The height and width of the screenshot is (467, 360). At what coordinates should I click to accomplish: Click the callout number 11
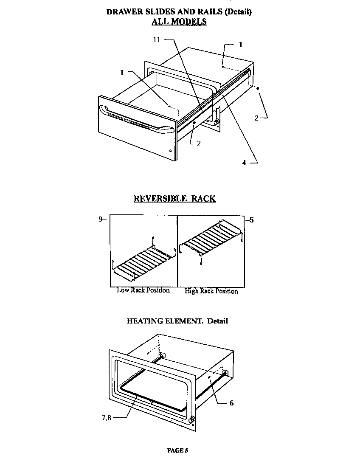pos(157,39)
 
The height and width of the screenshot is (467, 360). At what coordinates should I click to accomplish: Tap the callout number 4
pos(244,162)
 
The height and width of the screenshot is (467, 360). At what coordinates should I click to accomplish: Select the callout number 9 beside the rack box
pos(101,219)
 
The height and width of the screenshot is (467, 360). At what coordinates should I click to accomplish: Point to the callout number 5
pos(252,220)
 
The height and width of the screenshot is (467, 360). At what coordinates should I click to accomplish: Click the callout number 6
pos(231,403)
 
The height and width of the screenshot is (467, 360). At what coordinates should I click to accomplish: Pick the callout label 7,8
pos(106,418)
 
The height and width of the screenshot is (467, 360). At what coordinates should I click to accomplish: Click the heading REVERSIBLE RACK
pos(174,198)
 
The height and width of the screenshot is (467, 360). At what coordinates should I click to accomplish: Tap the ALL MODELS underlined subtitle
pos(179,22)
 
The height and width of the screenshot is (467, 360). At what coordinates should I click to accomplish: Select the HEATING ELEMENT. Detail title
pos(177,321)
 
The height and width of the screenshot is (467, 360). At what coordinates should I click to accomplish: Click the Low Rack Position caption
pos(143,290)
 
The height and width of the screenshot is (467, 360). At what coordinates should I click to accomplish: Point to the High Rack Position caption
pos(211,291)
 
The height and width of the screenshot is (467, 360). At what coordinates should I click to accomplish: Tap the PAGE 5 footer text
pos(177,450)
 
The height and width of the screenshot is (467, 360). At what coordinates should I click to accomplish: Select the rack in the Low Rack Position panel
pos(142,264)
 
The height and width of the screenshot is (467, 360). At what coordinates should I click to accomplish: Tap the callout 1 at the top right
pos(240,45)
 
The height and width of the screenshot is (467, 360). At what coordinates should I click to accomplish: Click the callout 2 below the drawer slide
pos(198,143)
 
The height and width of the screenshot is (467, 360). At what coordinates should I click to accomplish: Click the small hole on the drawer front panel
pos(170,150)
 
